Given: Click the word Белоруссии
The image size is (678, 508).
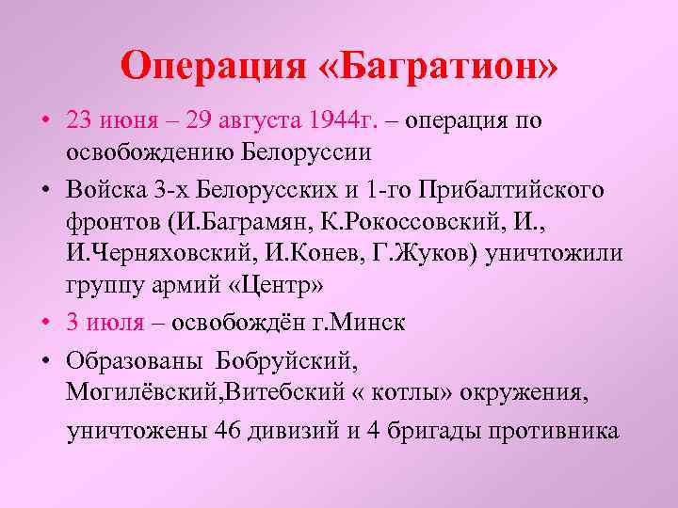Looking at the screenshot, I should click(x=307, y=151).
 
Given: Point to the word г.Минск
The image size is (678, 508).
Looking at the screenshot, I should click(x=364, y=322).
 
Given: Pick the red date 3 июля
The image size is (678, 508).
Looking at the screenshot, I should click(x=105, y=322).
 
